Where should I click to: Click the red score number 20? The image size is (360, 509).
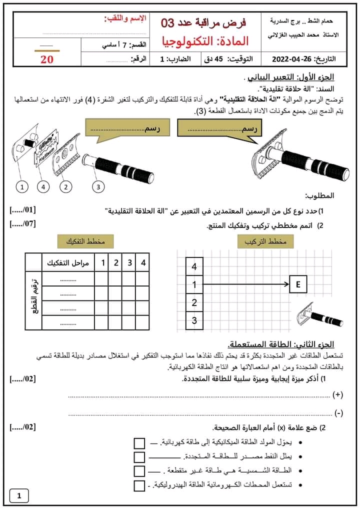click(x=46, y=59)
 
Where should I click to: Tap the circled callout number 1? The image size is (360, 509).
click(x=21, y=187)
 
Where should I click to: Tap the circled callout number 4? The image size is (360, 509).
click(x=43, y=187)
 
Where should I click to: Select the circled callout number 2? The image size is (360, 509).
click(x=65, y=187)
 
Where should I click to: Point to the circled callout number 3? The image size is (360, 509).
click(x=98, y=187)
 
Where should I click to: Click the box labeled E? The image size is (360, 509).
click(x=298, y=285)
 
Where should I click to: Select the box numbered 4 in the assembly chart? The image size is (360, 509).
click(x=194, y=266)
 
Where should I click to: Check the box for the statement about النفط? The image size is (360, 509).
click(x=139, y=457)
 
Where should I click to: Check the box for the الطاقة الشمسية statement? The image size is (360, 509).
click(x=139, y=471)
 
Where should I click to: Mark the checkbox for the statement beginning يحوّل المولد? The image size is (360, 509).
click(x=139, y=443)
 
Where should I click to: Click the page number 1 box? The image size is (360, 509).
click(x=19, y=496)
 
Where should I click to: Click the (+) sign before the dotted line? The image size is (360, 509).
click(x=338, y=395)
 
